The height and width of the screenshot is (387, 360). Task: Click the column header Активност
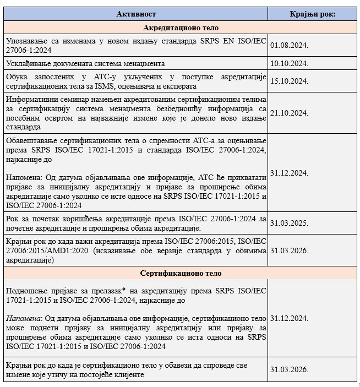coord(136,14)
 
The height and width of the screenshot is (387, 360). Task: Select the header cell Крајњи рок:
coord(313,14)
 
